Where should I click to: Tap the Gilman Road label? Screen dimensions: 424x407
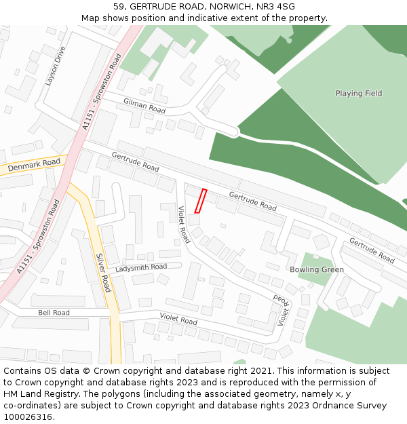point(144,105)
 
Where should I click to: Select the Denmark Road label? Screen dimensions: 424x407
point(34,164)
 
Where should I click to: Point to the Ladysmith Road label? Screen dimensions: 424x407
point(141,267)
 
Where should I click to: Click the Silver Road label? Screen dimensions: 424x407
point(103,273)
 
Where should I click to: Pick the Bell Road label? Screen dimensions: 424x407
point(54,313)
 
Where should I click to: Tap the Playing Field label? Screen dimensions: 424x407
point(358,94)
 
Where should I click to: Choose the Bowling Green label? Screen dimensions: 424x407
point(317,269)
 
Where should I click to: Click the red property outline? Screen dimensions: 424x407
point(200,201)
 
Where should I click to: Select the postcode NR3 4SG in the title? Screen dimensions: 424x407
point(277,7)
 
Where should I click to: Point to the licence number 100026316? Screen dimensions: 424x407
point(28,417)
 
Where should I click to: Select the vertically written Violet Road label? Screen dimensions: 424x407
point(184,225)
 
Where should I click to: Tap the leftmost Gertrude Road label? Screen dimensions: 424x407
point(135,161)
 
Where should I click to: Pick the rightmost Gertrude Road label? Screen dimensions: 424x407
point(372,250)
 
